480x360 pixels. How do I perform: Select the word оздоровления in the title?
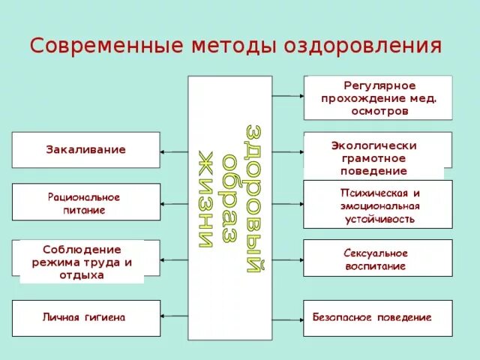pos(361,46)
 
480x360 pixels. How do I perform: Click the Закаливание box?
pos(85,150)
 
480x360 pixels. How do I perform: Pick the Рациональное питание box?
pos(85,202)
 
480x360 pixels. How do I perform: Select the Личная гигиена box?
pos(85,318)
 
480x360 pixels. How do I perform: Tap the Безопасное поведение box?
pos(377,318)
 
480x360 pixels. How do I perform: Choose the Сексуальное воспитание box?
pos(377,259)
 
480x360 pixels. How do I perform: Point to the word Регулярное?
pos(379,85)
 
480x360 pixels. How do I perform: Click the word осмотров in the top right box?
pos(379,110)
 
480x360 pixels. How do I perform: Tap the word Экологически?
pos(373,145)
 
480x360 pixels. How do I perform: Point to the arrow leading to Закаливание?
pos(174,151)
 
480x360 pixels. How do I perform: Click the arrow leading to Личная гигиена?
pos(174,318)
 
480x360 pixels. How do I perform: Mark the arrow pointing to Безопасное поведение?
pos(287,318)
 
